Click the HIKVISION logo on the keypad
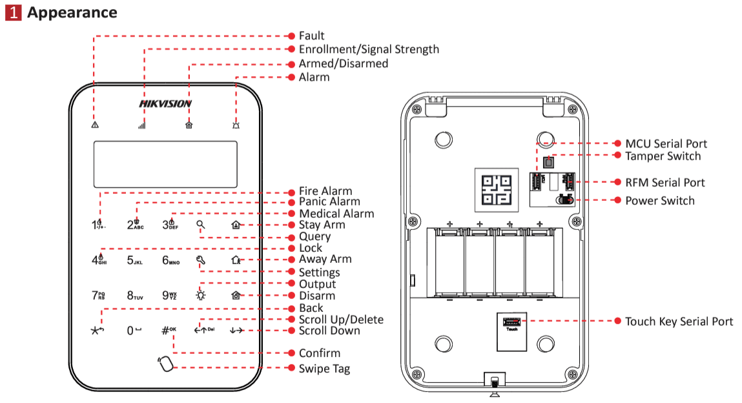(x=165, y=103)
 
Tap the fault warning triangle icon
(x=95, y=125)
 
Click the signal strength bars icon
(x=141, y=125)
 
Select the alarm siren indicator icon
(x=236, y=125)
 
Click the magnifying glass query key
(x=201, y=225)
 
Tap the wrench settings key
(x=201, y=260)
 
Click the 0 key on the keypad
(x=134, y=331)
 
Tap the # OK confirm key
(x=169, y=330)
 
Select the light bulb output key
(x=201, y=295)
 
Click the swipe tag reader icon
(x=165, y=364)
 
